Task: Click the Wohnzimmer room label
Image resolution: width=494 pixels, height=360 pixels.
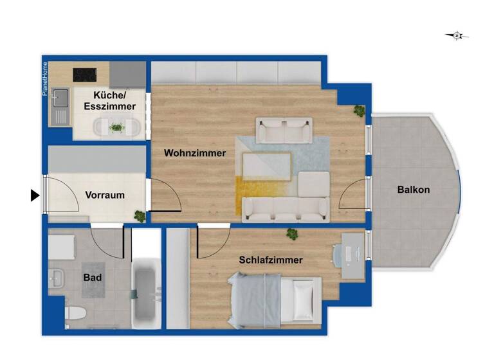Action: (195, 153)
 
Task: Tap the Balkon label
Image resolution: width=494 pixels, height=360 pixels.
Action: (414, 190)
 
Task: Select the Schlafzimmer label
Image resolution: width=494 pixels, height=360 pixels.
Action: (271, 260)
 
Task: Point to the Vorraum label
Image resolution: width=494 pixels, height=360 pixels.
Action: (105, 195)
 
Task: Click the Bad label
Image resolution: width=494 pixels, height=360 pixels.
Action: (92, 278)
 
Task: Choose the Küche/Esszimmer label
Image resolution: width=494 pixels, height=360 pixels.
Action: (109, 101)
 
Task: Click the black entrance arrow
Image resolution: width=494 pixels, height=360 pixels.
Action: (35, 195)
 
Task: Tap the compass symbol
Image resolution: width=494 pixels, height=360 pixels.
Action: (457, 36)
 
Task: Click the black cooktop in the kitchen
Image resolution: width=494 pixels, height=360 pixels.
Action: (85, 75)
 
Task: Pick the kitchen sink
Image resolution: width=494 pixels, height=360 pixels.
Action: (61, 100)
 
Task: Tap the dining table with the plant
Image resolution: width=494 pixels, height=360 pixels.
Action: (116, 128)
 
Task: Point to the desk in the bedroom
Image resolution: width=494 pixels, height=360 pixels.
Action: (352, 255)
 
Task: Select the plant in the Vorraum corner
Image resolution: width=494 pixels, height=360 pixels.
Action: (138, 216)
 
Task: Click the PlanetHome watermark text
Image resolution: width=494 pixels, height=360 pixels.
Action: (45, 79)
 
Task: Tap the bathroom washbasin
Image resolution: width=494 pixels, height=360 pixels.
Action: (56, 278)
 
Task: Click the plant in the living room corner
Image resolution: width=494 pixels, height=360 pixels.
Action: (359, 111)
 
